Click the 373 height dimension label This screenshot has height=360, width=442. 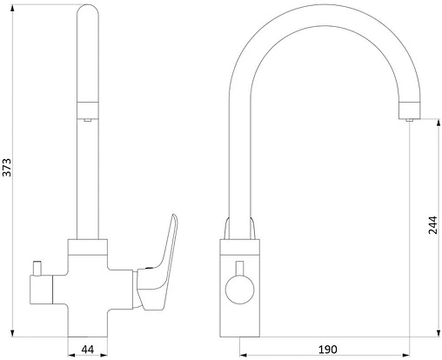[x=6, y=167]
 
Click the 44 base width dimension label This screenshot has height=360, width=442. [x=87, y=350]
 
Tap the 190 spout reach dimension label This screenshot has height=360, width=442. [x=328, y=350]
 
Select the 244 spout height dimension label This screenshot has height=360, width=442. [x=432, y=225]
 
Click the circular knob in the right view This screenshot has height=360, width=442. [x=239, y=290]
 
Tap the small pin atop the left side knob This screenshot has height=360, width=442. [x=37, y=268]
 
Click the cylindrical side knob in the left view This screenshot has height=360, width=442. [x=41, y=290]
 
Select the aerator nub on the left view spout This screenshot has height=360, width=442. [x=87, y=120]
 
